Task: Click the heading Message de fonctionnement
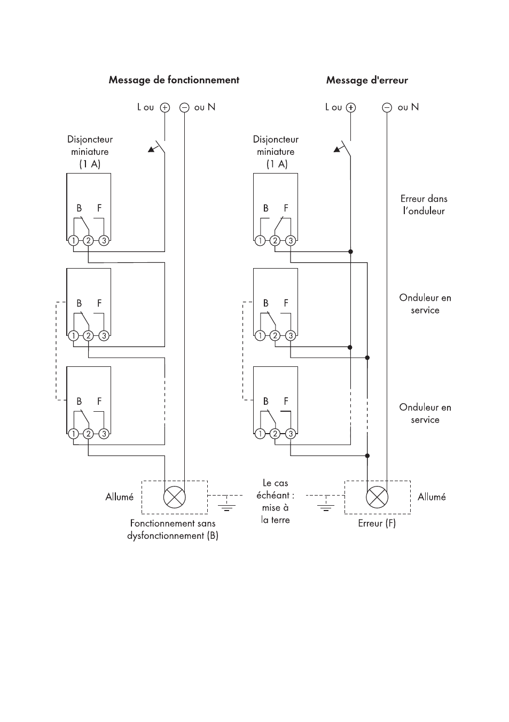(174, 80)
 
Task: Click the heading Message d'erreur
(367, 80)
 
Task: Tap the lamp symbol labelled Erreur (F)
(377, 497)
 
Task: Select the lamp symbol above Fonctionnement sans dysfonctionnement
(175, 497)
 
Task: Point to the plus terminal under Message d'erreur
(351, 108)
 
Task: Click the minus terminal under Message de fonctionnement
(184, 108)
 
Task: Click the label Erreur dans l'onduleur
(424, 205)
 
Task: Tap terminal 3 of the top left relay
(104, 240)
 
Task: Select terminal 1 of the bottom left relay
(74, 434)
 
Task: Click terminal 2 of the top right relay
(275, 240)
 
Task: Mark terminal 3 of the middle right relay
(291, 336)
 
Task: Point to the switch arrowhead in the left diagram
(151, 150)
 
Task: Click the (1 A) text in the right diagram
(277, 164)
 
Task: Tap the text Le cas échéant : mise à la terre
(275, 501)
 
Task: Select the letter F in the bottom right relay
(286, 401)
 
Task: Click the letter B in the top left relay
(79, 208)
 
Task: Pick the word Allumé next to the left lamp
(119, 497)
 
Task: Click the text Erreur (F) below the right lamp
(377, 523)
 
